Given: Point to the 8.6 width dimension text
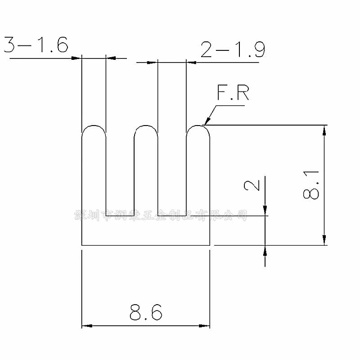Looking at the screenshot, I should pos(145,312).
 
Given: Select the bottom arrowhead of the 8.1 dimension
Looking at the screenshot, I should pos(324,241).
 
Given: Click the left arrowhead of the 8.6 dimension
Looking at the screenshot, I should pos(86,325).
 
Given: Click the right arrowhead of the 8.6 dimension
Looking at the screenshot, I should pos(206,325).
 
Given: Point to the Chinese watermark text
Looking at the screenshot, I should pos(161,215).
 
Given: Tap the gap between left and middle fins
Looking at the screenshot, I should pos(120,171).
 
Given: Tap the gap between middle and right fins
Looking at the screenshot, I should pos(172,171).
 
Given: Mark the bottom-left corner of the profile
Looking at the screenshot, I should pos(81,245).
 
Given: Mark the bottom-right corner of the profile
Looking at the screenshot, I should pos(210,245).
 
